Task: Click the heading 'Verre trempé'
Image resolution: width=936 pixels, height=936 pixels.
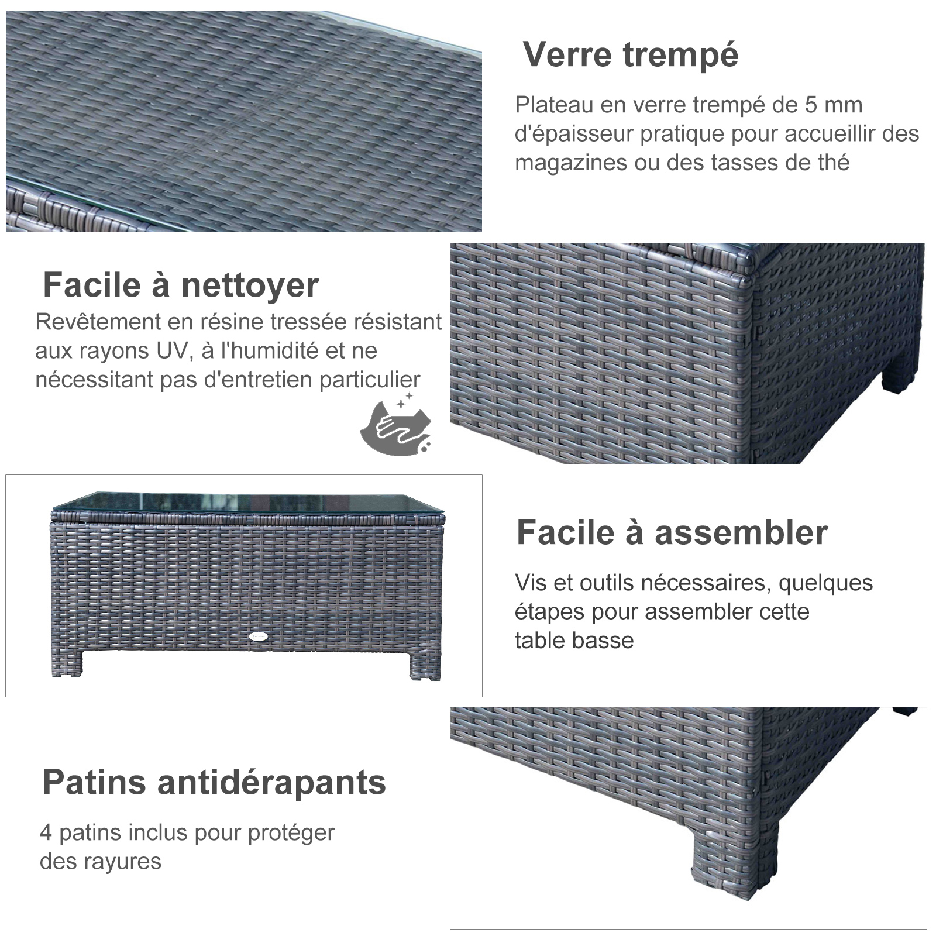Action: pos(631,55)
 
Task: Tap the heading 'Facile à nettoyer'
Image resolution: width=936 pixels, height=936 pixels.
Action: pos(181,285)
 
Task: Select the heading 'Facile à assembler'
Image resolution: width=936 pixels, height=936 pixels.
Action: pos(672,532)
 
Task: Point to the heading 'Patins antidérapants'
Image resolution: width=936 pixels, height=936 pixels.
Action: pos(214,783)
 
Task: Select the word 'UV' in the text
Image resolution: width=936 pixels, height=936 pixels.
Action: pos(173,351)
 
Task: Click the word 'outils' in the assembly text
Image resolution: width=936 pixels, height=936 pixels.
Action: pos(607,583)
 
